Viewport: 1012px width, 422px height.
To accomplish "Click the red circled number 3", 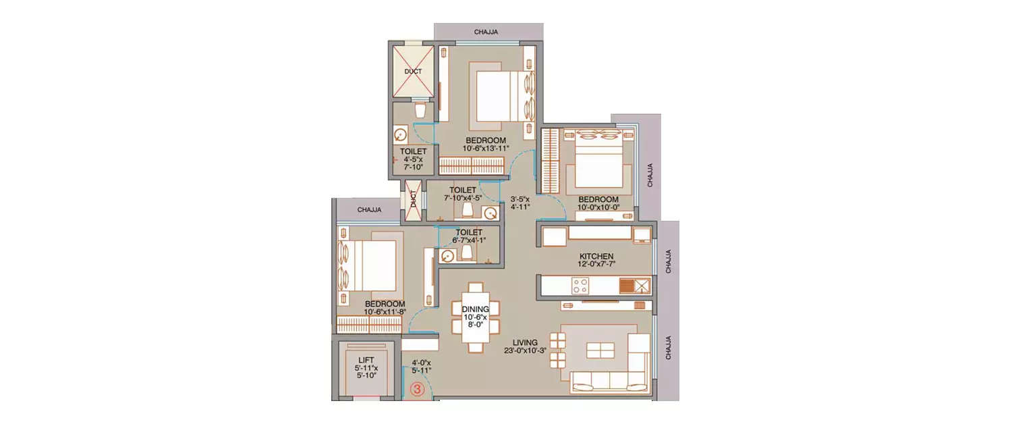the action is pos(417,389).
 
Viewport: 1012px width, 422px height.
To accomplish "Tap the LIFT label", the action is pos(366,360).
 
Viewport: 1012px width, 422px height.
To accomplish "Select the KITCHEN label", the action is pos(596,256).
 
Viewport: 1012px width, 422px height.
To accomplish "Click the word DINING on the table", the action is pos(475,309).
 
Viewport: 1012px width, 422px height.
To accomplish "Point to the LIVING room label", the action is pos(525,342).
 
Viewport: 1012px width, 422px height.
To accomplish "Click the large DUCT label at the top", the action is pos(413,72).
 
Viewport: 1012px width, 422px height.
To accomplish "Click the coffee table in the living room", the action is pos(600,350).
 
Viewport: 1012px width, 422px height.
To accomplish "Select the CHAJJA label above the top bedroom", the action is pos(486,32).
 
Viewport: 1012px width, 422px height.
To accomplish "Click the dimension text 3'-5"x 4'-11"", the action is pos(520,203).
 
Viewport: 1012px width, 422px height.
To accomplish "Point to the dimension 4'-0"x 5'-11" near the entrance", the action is pos(421,367).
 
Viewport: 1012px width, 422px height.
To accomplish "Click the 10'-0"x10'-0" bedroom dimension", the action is pos(598,207).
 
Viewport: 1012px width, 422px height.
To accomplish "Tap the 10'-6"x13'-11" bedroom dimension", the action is pos(486,148).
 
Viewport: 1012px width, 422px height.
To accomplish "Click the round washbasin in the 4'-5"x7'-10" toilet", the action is pos(400,135).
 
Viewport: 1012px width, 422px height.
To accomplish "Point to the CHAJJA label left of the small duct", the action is pos(369,210).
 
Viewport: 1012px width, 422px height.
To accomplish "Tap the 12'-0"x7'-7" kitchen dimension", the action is pos(596,264).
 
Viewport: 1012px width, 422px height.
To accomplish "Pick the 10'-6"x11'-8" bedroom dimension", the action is pos(385,311).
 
